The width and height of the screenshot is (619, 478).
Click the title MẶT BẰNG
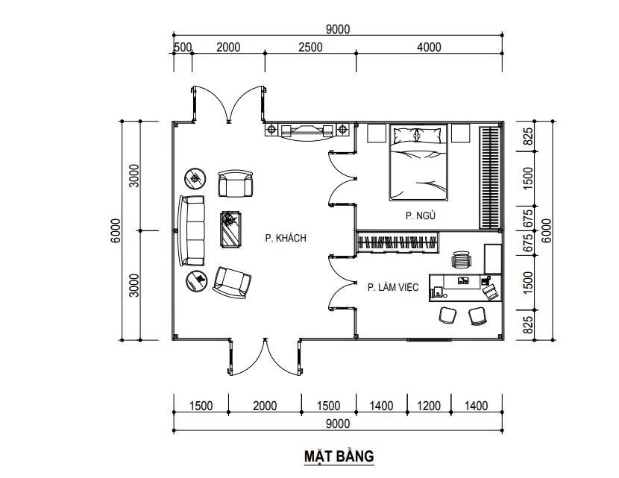point(339,456)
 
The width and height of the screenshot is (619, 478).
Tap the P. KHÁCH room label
point(286,238)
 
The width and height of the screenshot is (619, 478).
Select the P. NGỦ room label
point(421,215)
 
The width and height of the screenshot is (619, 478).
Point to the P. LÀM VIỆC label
point(393,287)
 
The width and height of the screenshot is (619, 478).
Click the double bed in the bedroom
point(418,163)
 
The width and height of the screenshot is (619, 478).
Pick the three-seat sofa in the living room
point(192,230)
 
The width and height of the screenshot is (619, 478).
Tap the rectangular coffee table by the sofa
point(231,230)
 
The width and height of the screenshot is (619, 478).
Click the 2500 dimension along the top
point(310,47)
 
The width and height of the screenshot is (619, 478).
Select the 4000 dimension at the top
point(429,47)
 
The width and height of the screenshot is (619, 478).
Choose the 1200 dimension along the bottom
point(429,406)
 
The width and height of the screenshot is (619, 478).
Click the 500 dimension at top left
point(183,47)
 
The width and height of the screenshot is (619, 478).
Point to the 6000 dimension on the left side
point(116,230)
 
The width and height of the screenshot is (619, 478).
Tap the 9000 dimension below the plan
point(338,424)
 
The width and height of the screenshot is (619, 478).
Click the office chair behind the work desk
point(462,260)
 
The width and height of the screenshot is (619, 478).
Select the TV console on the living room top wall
point(307,130)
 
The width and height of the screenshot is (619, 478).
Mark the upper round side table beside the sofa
point(195,179)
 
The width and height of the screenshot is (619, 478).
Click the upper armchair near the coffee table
point(235,183)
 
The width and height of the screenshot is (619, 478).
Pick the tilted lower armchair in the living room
point(232,282)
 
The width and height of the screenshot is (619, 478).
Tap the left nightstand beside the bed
point(377,133)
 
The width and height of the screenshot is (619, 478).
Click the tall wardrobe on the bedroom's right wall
point(490,177)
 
